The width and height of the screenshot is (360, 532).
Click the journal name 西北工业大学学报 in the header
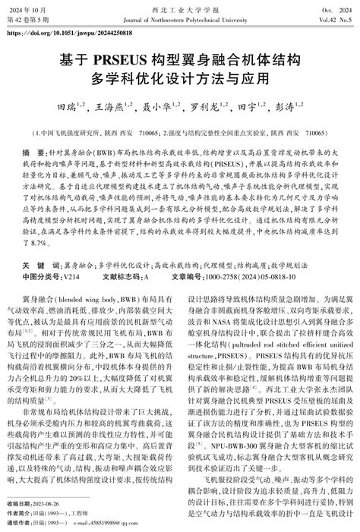point(181,8)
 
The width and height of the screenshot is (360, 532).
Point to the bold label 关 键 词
point(34,266)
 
